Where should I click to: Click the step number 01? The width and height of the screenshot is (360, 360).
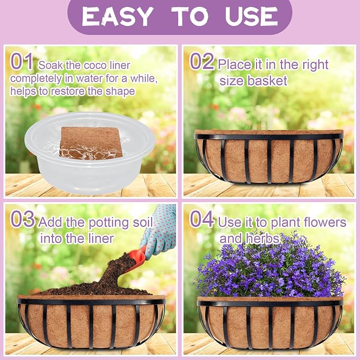click(21, 62)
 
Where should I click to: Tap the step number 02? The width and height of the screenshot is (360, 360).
click(202, 61)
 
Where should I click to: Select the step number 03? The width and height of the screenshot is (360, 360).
click(23, 219)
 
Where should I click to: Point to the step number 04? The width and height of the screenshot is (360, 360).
click(202, 219)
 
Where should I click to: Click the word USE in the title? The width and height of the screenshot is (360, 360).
click(252, 16)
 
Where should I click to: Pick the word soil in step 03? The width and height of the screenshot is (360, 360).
click(143, 222)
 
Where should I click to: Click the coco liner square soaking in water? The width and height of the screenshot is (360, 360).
click(91, 143)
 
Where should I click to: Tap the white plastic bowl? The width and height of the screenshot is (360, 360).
click(90, 153)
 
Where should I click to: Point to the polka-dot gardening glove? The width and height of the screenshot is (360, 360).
click(160, 230)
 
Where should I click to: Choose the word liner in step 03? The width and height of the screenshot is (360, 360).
click(101, 238)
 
